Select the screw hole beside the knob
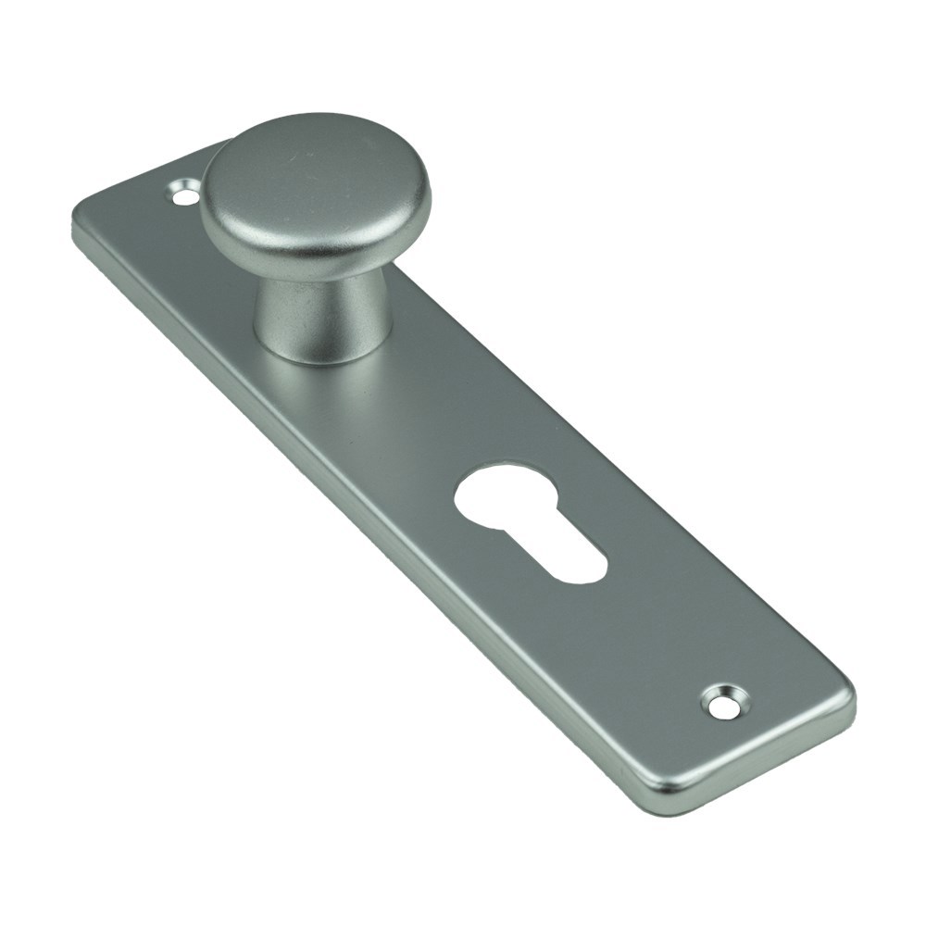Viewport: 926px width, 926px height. point(186,194)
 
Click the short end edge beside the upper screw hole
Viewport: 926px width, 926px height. point(139,181)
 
